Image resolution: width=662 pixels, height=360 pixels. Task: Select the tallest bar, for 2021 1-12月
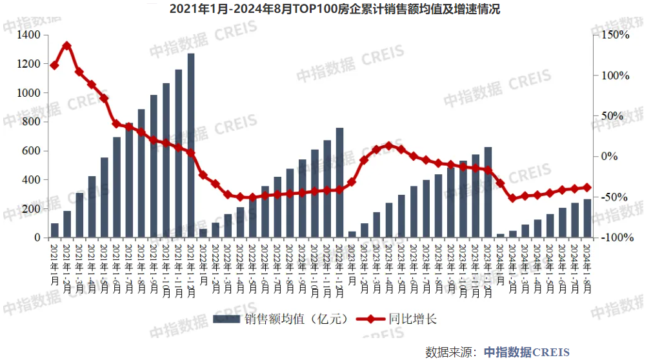tap(191, 146)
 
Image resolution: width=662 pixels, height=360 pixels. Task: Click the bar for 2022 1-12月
tap(339, 183)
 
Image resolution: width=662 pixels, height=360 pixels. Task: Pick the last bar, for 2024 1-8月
tap(587, 219)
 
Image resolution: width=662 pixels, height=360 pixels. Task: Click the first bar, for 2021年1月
tap(55, 231)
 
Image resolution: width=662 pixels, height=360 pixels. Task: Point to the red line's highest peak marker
tap(67, 46)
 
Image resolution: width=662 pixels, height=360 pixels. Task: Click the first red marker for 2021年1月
tap(55, 65)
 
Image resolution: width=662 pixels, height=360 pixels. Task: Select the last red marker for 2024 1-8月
tap(587, 188)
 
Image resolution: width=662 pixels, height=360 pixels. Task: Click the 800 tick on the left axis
tap(32, 122)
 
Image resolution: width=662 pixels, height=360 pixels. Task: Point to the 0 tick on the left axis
tap(38, 238)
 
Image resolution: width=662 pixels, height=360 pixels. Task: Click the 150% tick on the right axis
tap(616, 35)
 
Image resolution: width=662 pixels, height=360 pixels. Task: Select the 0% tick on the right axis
tap(610, 157)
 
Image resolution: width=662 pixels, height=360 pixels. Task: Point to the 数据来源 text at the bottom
tap(450, 352)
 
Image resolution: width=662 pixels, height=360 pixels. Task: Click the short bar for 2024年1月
tap(500, 236)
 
